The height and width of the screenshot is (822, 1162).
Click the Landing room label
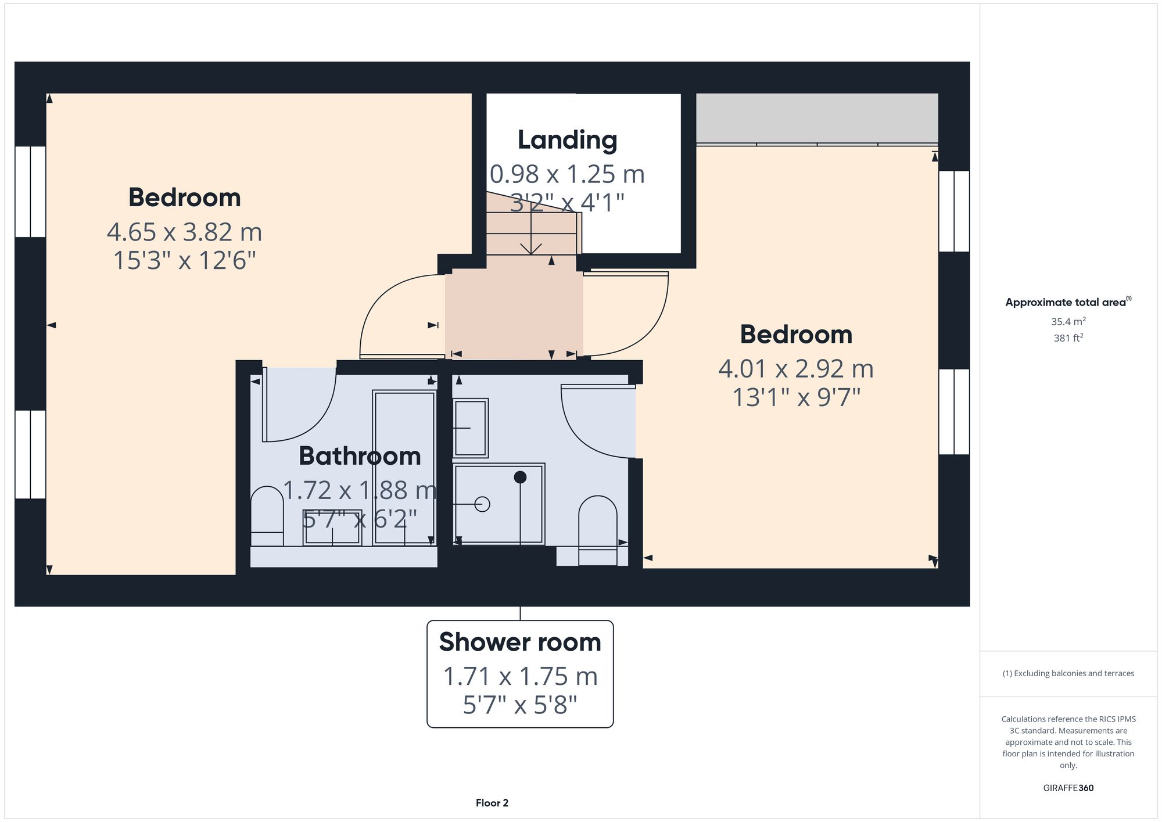pyautogui.click(x=567, y=140)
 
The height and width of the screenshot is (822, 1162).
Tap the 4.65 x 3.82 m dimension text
pyautogui.click(x=184, y=232)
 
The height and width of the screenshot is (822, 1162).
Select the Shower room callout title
pyautogui.click(x=520, y=642)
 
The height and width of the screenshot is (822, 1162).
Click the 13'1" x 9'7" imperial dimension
pyautogui.click(x=796, y=398)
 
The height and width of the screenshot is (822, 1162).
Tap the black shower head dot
pyautogui.click(x=520, y=477)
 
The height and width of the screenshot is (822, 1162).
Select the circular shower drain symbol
pyautogui.click(x=482, y=504)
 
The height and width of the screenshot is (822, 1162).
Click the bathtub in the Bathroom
pyautogui.click(x=404, y=468)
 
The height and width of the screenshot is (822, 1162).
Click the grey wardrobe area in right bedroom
pyautogui.click(x=816, y=118)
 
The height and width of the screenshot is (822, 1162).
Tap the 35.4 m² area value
pyautogui.click(x=1068, y=321)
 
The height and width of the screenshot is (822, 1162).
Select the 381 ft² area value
pyautogui.click(x=1068, y=338)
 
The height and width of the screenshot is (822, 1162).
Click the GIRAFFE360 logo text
pyautogui.click(x=1068, y=788)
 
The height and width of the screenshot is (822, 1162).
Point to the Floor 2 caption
pyautogui.click(x=492, y=803)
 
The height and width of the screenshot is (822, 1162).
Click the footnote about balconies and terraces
pyautogui.click(x=1068, y=673)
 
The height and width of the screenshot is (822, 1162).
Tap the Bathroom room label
pyautogui.click(x=360, y=456)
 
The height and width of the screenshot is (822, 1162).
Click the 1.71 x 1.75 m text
pyautogui.click(x=520, y=677)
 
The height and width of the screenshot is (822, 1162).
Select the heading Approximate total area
pyautogui.click(x=1066, y=302)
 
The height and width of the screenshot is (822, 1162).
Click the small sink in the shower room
pyautogui.click(x=470, y=428)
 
